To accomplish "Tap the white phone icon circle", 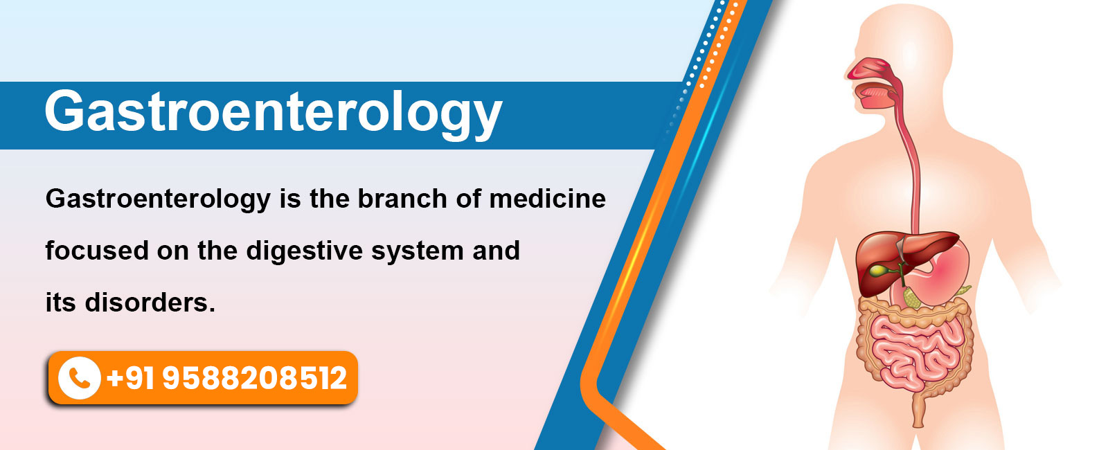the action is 79,378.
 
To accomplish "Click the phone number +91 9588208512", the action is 226,378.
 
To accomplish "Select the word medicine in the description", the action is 548,199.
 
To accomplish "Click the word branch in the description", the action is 402,199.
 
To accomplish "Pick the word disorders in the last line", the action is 150,302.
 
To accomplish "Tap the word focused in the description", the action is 97,250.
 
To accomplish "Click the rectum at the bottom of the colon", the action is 918,411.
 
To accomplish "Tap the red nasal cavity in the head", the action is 870,69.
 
